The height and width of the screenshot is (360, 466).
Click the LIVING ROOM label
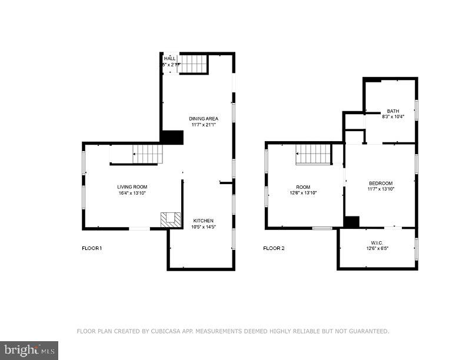pos(132,186)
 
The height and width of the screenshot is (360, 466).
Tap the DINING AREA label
pos(204,119)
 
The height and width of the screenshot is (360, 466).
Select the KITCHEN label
pos(204,221)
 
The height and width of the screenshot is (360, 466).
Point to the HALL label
pos(170,58)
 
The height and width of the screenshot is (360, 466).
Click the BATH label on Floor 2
pos(393,111)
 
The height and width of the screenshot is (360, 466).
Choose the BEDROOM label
pos(381,183)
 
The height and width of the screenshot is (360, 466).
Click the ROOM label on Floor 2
pos(303,186)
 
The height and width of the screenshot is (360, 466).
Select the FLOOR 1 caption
pos(92,248)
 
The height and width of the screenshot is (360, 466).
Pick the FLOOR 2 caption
pos(274,248)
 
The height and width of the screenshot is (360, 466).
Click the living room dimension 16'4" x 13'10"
pos(132,193)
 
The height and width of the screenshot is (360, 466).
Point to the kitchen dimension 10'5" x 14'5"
pos(204,227)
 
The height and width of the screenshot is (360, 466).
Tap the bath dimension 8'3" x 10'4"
pos(393,116)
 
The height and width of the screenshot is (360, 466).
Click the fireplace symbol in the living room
pos(170,219)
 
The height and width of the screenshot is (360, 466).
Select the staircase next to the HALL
pos(194,64)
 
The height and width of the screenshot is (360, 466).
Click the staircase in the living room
pos(147,154)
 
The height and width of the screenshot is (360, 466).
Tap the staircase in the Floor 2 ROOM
pos(313,154)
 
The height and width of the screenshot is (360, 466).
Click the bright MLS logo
pos(29,351)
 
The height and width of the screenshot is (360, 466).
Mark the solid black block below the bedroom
pos(351,222)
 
